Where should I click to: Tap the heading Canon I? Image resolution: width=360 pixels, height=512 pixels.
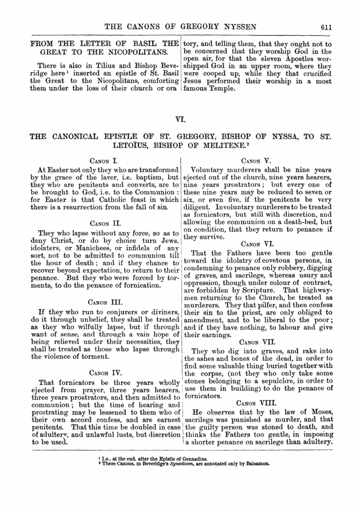pos(104,160)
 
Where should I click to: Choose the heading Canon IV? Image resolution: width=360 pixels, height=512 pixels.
pos(104,373)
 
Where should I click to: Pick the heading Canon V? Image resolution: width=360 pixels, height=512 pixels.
pos(259,160)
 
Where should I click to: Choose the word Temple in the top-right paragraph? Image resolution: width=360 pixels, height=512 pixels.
pos(221,89)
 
